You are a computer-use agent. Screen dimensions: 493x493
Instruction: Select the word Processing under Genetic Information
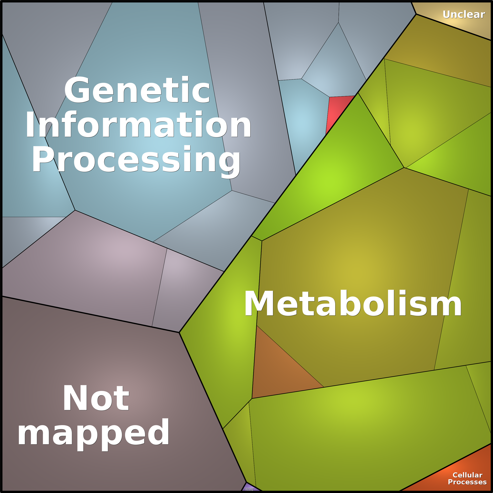136,160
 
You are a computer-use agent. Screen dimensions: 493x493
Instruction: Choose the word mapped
93,433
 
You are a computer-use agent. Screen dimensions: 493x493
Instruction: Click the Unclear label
464,15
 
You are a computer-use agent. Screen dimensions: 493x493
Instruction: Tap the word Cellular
467,475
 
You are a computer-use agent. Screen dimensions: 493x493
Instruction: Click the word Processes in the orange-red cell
467,482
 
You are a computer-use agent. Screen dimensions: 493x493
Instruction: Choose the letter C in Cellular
455,475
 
